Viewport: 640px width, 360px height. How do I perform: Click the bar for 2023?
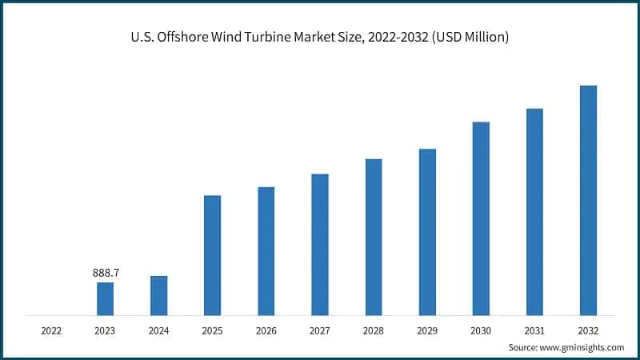(105, 298)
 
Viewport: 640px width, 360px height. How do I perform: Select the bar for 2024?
(158, 295)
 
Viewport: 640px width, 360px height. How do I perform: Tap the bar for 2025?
(212, 255)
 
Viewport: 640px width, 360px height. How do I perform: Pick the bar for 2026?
(266, 251)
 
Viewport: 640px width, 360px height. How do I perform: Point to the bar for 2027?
(320, 244)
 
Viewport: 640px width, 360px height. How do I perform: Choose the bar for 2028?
(374, 237)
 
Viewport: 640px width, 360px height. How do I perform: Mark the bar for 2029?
(427, 232)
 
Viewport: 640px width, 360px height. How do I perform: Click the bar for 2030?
(481, 218)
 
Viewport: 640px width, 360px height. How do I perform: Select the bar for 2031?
(534, 211)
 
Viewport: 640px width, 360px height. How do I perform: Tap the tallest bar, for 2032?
(588, 200)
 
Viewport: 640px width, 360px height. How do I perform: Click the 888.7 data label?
(106, 274)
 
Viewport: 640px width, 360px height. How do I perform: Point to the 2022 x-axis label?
(51, 330)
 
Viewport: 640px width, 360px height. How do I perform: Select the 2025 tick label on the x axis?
(212, 330)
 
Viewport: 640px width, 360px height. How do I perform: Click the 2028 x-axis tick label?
(374, 330)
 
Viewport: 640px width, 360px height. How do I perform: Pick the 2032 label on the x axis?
(588, 330)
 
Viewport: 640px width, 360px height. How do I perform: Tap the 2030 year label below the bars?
(481, 330)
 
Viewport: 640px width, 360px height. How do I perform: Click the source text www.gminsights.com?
(581, 347)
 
